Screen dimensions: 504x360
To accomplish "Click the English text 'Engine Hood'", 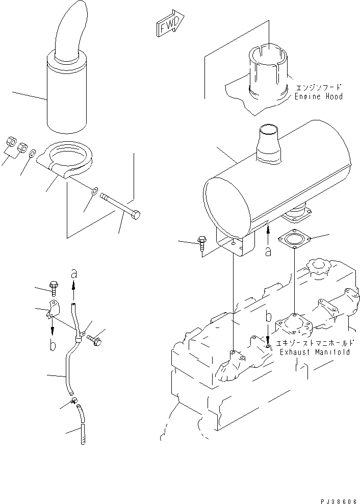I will click(318, 96).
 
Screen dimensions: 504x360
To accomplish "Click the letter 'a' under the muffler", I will click(269, 251).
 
